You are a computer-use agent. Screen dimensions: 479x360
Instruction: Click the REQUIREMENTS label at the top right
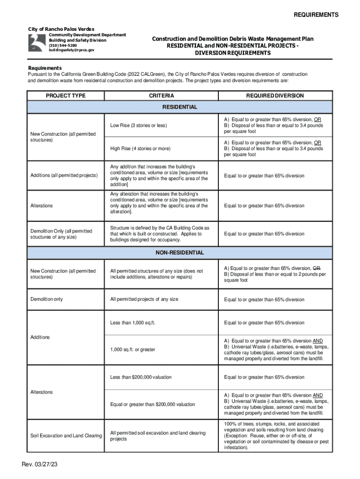click(316, 15)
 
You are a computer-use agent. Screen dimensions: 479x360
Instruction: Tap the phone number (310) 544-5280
click(64, 45)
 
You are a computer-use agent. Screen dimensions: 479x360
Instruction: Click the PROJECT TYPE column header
click(65, 96)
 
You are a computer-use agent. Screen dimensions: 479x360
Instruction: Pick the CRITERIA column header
click(161, 96)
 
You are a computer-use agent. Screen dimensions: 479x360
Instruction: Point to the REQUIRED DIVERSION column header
click(275, 96)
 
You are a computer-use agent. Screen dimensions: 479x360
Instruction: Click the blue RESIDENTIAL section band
click(180, 107)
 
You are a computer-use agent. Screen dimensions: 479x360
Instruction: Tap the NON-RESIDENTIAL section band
click(180, 253)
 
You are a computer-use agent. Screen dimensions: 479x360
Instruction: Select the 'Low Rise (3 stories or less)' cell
click(138, 125)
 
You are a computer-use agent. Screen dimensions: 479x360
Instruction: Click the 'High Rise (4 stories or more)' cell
click(140, 149)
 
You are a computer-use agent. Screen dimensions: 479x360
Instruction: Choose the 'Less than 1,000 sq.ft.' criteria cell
click(132, 323)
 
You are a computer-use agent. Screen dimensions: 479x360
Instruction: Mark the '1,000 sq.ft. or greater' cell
click(133, 350)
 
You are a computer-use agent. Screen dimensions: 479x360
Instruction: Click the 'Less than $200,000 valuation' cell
click(141, 377)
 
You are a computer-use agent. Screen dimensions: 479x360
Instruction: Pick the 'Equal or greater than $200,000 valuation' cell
click(152, 404)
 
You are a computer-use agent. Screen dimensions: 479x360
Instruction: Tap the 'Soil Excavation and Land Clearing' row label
click(66, 436)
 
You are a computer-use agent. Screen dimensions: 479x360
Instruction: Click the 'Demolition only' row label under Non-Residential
click(46, 299)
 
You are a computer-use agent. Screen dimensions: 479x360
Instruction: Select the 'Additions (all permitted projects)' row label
click(64, 175)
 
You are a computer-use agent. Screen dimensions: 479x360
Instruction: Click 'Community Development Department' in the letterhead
click(87, 35)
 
